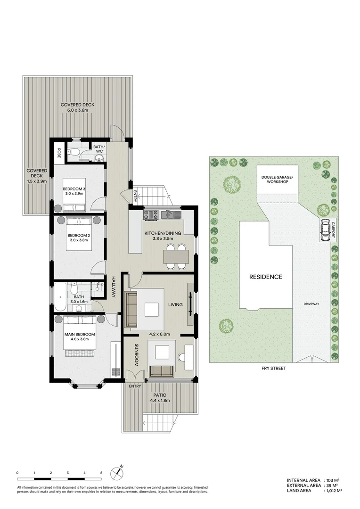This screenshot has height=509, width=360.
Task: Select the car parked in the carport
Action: click(x=325, y=230)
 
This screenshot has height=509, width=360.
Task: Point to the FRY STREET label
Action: click(x=274, y=368)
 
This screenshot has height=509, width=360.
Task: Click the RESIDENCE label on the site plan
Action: click(x=265, y=277)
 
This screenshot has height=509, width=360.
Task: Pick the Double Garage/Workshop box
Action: click(x=277, y=180)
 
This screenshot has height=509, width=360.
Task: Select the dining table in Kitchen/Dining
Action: click(x=176, y=256)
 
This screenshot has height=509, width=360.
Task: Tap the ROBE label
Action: click(x=59, y=152)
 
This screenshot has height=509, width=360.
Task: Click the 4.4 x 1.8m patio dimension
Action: click(x=160, y=401)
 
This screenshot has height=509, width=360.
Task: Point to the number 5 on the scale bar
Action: click(x=101, y=472)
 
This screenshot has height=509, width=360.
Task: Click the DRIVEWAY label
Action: click(x=311, y=304)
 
